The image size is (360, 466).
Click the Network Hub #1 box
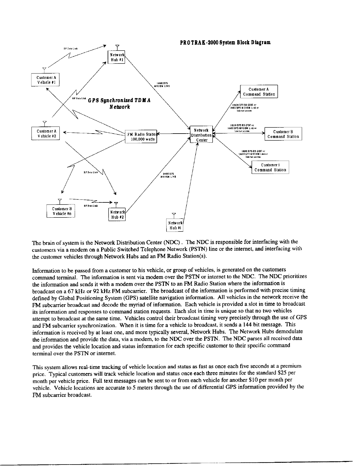coord(117,57)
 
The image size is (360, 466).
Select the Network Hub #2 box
coord(117,215)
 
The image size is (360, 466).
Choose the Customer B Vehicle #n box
coord(61,211)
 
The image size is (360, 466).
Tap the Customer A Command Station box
coord(259,91)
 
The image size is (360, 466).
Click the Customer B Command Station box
coord(283,134)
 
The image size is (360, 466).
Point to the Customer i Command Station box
coord(270,167)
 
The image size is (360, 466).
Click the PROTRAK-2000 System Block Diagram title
coord(225,42)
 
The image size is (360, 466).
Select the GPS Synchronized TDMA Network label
coord(119,103)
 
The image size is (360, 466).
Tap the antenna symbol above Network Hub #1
coord(117,47)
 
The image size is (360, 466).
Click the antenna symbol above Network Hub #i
coord(174,215)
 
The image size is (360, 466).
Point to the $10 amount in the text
coord(253,380)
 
